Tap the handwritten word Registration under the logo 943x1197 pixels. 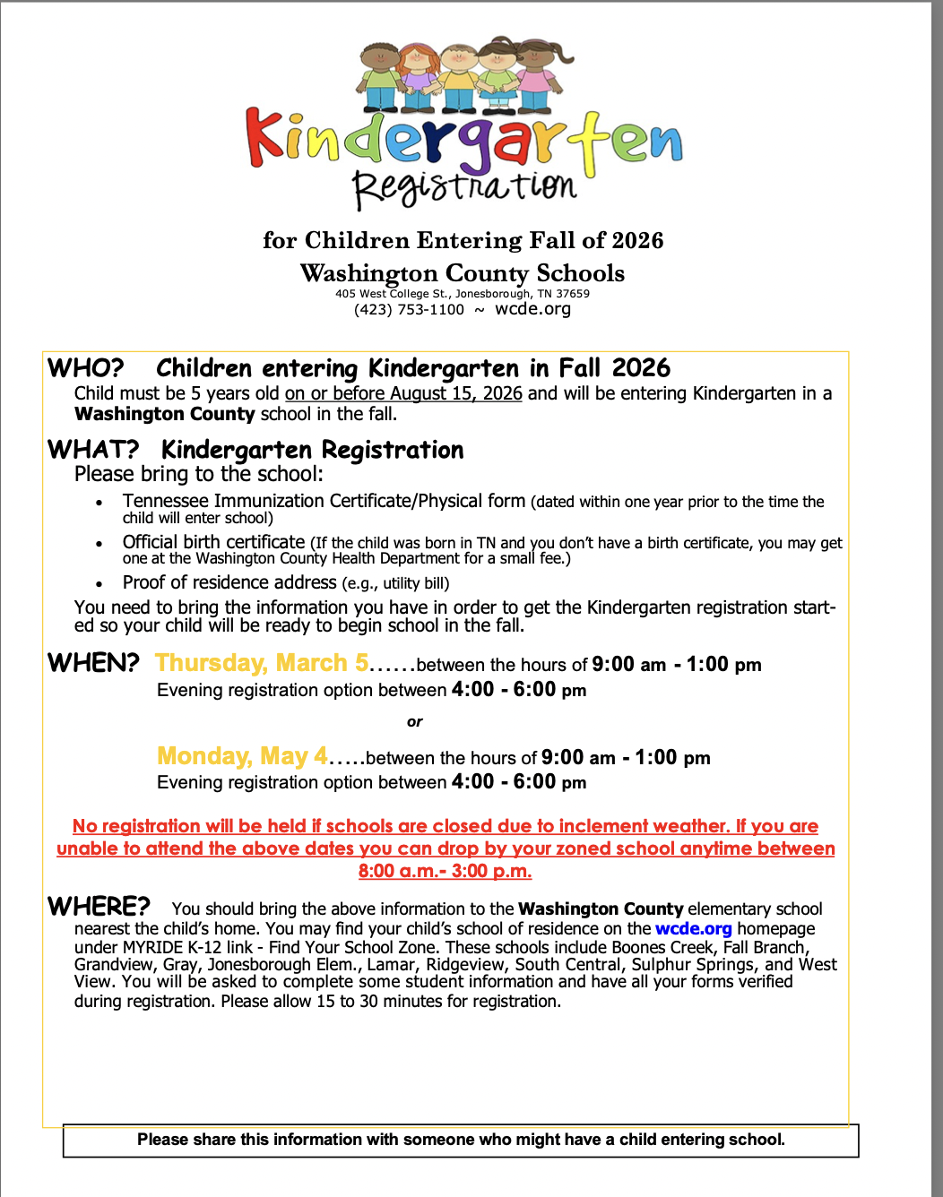click(463, 186)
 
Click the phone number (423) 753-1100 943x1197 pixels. click(409, 310)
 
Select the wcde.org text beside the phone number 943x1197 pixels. click(532, 309)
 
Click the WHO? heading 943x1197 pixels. click(86, 368)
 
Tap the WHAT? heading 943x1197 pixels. click(93, 449)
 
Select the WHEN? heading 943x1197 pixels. click(93, 663)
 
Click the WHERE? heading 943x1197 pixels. click(99, 907)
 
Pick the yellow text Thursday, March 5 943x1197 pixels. click(262, 663)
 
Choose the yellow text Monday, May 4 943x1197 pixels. click(242, 756)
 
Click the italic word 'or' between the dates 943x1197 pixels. click(414, 722)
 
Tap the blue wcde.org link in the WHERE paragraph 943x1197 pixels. click(693, 929)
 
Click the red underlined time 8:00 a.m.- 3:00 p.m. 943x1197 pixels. click(445, 871)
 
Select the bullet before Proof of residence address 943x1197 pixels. click(99, 584)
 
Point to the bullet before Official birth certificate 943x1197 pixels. click(99, 544)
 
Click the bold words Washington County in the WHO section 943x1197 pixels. click(165, 414)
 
